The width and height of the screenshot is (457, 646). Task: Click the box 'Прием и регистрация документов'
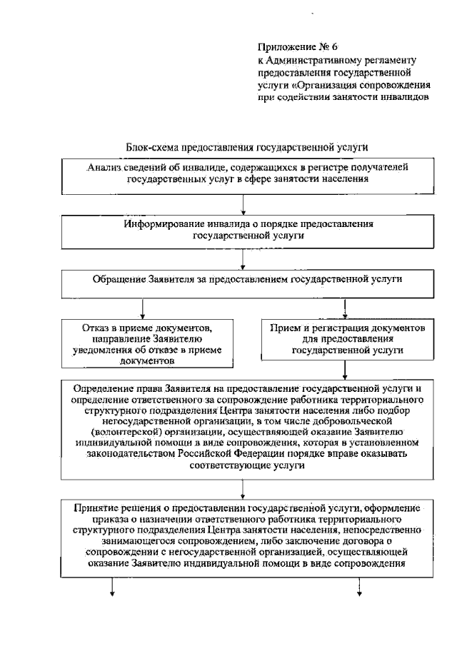347,338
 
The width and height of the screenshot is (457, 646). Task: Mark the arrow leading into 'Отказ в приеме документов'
144,308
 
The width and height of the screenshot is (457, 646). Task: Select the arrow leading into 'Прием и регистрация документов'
346,308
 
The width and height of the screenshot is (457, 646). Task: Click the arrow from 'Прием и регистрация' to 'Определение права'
346,370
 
